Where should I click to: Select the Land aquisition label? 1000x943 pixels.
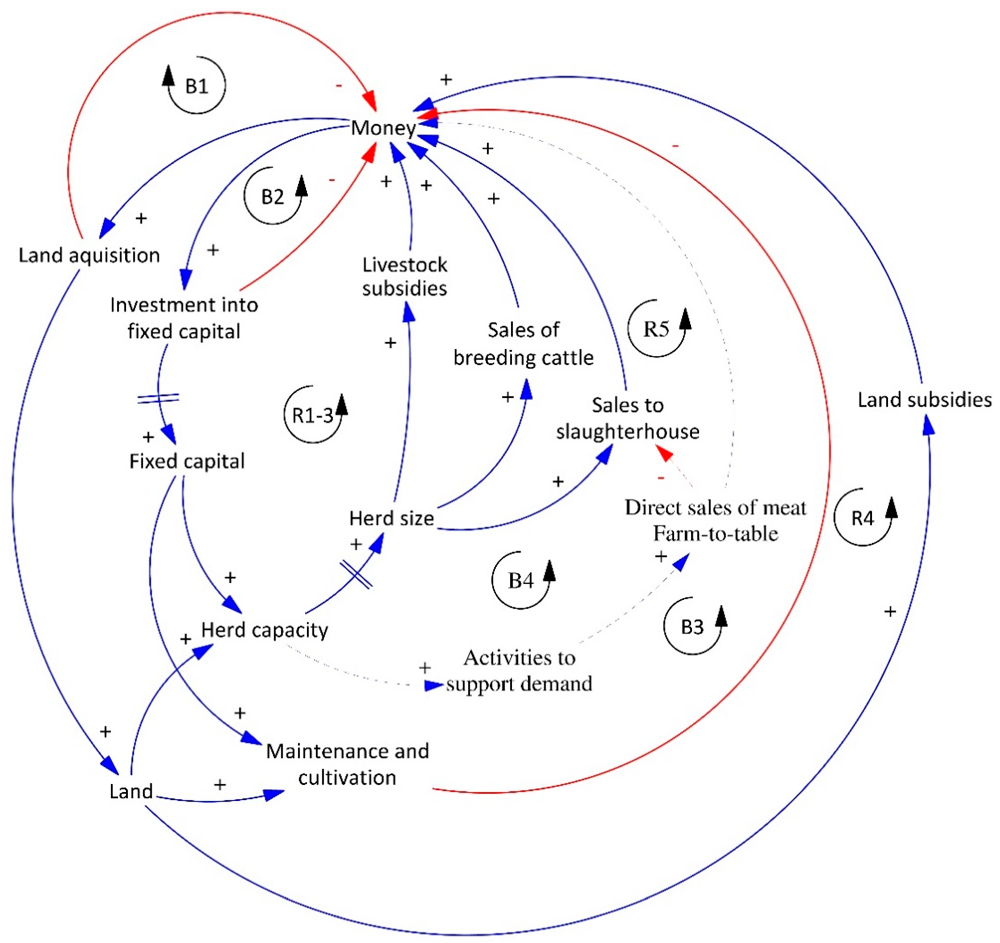click(x=89, y=256)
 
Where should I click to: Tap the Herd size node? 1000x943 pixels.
click(x=391, y=518)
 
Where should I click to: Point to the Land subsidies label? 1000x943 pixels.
click(x=924, y=400)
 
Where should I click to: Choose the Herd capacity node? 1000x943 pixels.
click(x=264, y=630)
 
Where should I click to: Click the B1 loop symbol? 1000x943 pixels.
click(x=196, y=85)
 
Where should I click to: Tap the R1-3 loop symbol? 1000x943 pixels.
click(x=313, y=415)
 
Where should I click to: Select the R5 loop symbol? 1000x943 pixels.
click(x=656, y=329)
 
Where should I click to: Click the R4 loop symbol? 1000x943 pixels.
click(x=862, y=518)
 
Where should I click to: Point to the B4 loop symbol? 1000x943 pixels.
click(x=521, y=581)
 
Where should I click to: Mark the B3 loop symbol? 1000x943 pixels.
click(x=692, y=627)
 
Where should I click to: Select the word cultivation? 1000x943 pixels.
click(x=347, y=777)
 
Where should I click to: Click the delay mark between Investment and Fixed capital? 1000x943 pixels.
click(x=158, y=398)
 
